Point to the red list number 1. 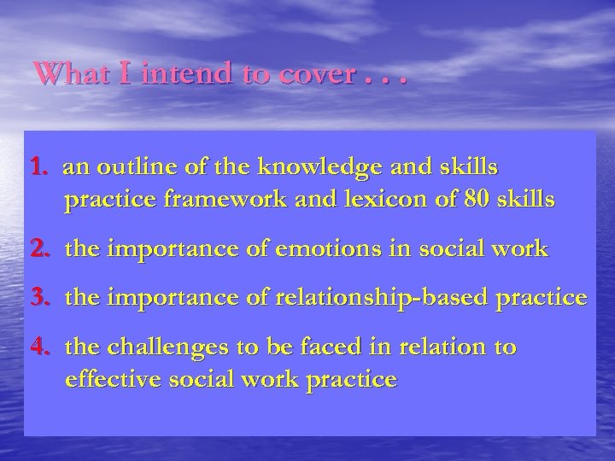[40, 166]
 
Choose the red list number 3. [40, 300]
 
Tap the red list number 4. [40, 347]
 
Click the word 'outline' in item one [128, 166]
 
